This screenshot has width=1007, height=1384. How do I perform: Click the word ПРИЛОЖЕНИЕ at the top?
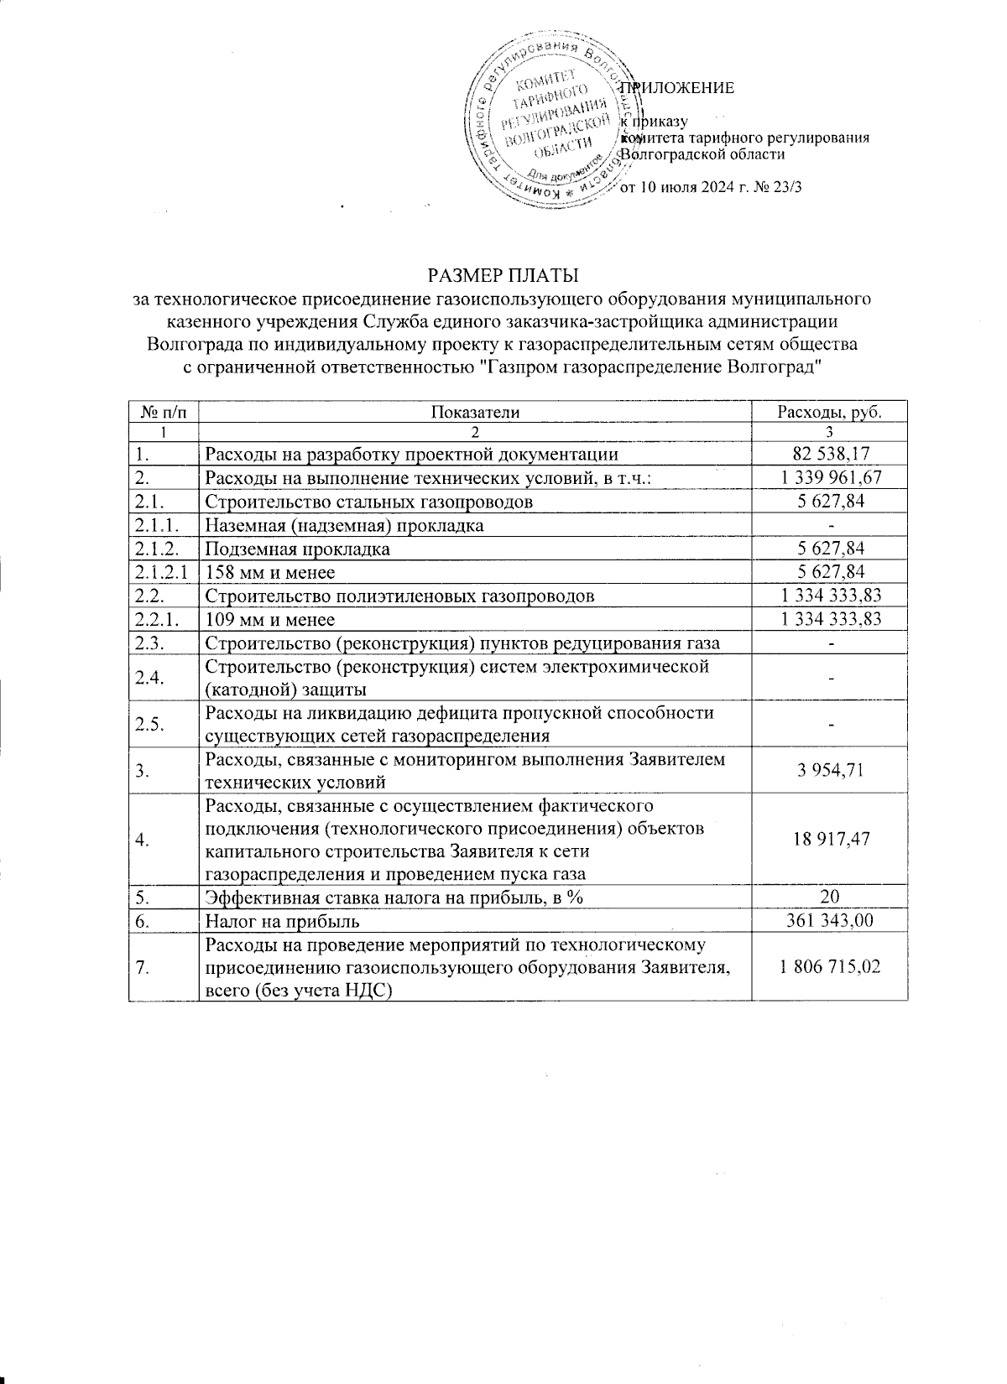pos(676,88)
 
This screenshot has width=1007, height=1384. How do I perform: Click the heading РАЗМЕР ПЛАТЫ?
pos(503,275)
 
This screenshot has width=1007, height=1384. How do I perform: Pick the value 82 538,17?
pos(829,455)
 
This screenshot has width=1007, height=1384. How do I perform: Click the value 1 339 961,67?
pos(829,478)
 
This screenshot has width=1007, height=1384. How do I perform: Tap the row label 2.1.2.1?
pos(162,572)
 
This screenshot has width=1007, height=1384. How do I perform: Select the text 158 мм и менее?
pos(270,572)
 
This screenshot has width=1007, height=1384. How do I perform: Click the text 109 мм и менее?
pos(270,619)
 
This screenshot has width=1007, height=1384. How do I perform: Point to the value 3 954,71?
pos(829,770)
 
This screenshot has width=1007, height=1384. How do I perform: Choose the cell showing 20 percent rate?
pos(829,898)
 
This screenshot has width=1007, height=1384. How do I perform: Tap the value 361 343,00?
pos(829,921)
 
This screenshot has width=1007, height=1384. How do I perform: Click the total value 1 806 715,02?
pos(829,966)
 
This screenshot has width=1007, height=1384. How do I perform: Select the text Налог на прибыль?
pos(283,921)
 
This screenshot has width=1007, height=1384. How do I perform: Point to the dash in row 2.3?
pos(830,643)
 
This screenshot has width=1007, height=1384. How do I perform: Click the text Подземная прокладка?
pos(298,549)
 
